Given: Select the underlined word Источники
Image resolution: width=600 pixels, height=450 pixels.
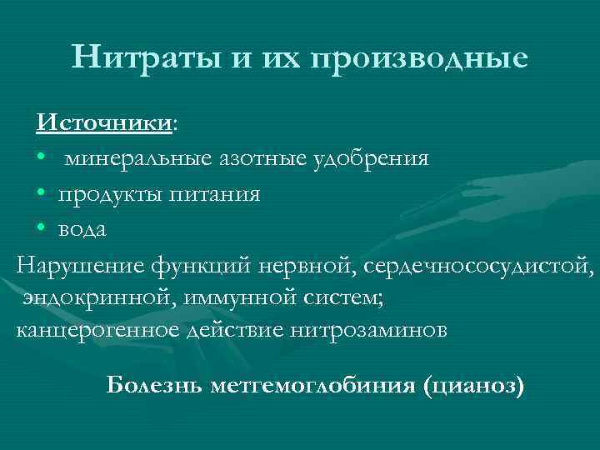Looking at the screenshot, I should [x=103, y=122].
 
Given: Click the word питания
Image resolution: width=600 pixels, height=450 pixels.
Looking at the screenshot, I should [x=216, y=195].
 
